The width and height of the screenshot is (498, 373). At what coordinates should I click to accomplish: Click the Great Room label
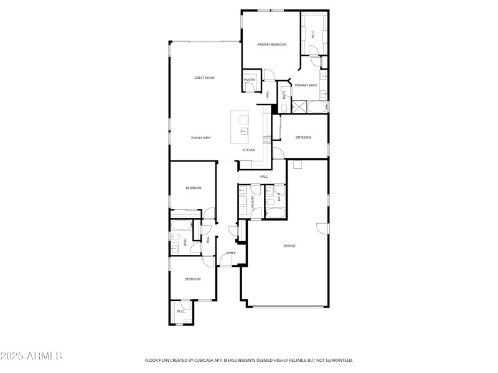204,78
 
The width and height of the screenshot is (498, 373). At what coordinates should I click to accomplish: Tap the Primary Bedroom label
272,45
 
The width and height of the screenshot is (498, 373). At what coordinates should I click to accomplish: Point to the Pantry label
250,80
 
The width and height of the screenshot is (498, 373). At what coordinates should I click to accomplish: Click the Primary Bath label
306,85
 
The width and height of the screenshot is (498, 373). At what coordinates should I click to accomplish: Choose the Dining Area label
200,137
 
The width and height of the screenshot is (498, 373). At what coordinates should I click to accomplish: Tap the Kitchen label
249,150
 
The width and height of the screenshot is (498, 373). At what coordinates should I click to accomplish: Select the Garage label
289,246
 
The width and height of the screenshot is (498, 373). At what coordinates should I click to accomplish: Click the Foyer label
231,253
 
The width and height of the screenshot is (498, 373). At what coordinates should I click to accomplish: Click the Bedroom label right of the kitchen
303,137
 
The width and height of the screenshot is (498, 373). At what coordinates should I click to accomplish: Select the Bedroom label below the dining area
194,188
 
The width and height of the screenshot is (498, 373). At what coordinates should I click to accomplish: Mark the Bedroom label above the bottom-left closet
193,279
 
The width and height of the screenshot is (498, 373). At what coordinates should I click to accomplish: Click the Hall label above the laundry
264,177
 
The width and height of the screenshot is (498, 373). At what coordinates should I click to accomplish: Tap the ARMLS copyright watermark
31,356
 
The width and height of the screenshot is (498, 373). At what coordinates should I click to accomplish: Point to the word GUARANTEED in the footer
337,360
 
